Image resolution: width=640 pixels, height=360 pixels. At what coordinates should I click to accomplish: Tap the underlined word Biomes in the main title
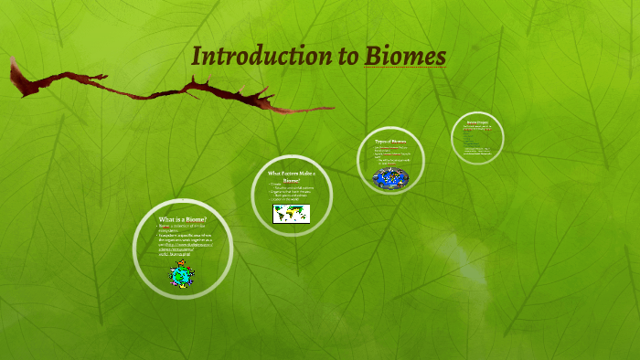[405, 56]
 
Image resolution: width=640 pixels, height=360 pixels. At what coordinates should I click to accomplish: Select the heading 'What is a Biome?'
[183, 220]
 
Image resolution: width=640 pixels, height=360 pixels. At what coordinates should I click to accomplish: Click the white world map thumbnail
[292, 214]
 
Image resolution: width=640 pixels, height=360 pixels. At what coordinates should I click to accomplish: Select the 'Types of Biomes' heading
[390, 143]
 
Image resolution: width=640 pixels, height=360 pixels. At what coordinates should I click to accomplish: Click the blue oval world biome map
[391, 175]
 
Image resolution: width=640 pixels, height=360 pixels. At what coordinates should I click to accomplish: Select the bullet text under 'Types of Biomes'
[390, 154]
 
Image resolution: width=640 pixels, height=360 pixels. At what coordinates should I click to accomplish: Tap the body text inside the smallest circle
[477, 137]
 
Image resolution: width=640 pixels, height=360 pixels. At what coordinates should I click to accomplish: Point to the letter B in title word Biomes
[372, 56]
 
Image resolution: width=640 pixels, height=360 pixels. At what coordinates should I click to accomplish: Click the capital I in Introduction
[197, 56]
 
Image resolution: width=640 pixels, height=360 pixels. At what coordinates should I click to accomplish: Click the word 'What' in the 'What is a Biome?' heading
[166, 220]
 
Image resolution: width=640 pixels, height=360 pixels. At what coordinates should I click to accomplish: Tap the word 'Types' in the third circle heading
[381, 143]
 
